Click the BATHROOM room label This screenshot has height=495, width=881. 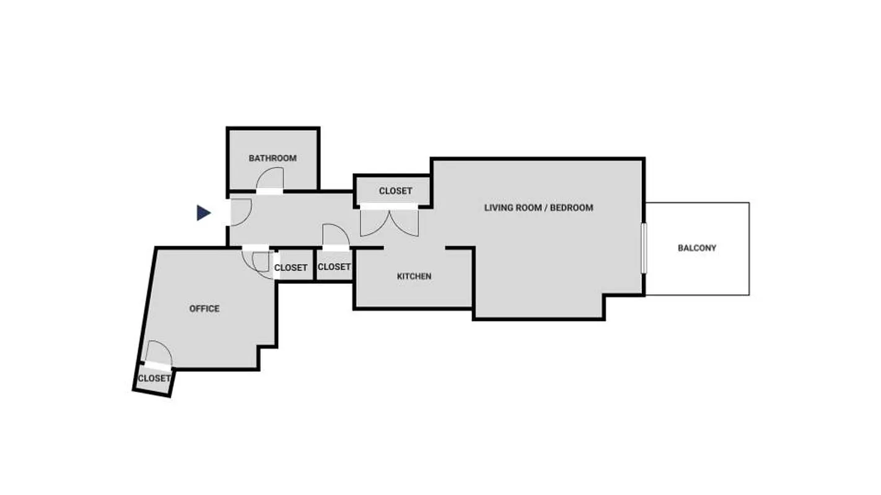(273, 158)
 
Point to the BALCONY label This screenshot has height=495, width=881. (697, 248)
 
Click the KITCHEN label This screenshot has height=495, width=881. (414, 277)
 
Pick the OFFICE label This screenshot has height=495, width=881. (204, 309)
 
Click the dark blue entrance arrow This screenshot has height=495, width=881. (203, 213)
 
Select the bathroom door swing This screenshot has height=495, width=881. (270, 180)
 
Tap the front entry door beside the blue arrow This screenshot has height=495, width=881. (239, 212)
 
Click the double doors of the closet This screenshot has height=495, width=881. (390, 221)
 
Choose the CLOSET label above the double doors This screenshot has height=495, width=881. (395, 191)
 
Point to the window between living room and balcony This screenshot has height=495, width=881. (644, 248)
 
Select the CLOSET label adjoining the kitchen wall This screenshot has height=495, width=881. (334, 267)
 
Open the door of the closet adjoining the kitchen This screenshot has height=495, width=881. (336, 237)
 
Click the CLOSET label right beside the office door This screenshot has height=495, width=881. (291, 268)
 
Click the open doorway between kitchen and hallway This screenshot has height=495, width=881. (414, 248)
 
